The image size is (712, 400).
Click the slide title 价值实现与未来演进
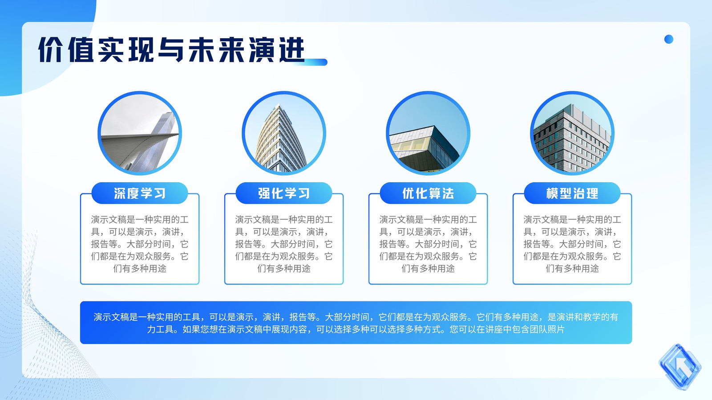(x=172, y=50)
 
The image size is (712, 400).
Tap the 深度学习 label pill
(x=140, y=193)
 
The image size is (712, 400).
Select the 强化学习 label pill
(x=284, y=193)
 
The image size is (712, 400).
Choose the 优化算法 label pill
(x=428, y=193)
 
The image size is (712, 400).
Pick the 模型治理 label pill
(x=572, y=193)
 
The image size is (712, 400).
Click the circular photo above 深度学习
(x=140, y=133)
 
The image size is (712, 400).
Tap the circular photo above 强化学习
(x=284, y=133)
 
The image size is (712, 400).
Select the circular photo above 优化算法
(x=428, y=133)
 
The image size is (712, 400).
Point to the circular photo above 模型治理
(x=572, y=133)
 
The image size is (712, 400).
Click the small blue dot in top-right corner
(x=669, y=39)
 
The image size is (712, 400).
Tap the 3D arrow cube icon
(x=680, y=367)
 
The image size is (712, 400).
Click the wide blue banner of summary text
(x=356, y=323)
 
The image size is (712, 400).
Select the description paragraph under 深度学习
(x=140, y=244)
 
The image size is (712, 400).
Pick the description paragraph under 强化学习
(x=284, y=244)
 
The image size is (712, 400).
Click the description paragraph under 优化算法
(x=428, y=244)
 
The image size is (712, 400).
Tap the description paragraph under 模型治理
(x=572, y=244)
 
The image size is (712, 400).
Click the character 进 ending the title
(x=292, y=50)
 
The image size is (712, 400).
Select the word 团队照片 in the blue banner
(x=547, y=329)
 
